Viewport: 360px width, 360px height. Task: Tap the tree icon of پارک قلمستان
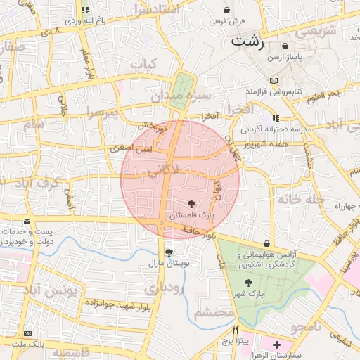[193, 202]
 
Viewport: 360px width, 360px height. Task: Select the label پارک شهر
[251, 295]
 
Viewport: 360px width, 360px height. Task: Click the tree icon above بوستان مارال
[168, 252]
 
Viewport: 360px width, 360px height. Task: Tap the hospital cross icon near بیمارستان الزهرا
[276, 345]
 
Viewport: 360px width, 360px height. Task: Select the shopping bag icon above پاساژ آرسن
[285, 46]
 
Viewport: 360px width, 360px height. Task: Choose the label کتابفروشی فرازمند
[274, 92]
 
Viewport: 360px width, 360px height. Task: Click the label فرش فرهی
[226, 22]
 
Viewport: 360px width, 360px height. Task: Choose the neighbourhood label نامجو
[306, 326]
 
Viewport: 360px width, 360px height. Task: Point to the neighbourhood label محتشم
[214, 311]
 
